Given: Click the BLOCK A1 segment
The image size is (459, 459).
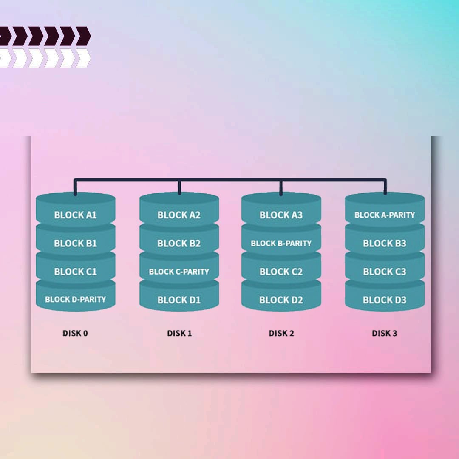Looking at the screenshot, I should [x=75, y=215].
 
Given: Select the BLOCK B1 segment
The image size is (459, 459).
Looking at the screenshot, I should [x=75, y=243].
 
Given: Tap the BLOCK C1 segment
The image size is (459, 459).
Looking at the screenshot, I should [x=75, y=272].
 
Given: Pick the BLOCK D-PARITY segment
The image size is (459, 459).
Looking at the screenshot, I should [x=75, y=299].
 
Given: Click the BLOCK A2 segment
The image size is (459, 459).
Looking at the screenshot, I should [x=179, y=215].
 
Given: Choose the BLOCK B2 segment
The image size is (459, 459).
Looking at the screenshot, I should [x=179, y=243].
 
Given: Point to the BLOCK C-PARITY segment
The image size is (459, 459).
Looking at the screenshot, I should [x=179, y=272].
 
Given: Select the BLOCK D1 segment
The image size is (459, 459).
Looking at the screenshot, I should [x=179, y=300].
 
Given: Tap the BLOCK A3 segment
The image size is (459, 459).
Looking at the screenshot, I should [x=281, y=215].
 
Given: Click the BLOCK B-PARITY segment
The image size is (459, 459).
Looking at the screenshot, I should [x=281, y=243].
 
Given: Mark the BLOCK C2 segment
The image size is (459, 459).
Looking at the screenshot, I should [x=281, y=272].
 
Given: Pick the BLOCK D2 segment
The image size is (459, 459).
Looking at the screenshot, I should [x=281, y=300].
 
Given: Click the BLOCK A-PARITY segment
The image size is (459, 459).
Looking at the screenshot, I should [x=385, y=215].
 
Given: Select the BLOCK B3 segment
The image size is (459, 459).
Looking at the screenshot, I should [x=385, y=243].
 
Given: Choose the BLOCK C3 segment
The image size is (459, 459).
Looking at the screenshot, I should [x=385, y=272].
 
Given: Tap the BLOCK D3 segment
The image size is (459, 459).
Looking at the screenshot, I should [x=385, y=300].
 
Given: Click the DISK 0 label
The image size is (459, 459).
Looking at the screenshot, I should [x=75, y=333].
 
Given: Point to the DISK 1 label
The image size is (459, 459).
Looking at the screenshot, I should [x=179, y=333].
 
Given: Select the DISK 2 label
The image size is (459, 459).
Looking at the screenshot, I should [x=281, y=333].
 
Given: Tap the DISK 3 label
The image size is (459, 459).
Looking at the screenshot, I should [x=385, y=333].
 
